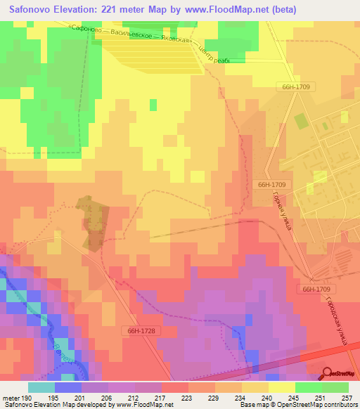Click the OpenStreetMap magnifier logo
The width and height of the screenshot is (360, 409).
328,375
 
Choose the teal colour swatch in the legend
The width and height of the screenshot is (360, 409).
41,387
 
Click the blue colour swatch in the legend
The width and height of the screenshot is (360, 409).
68,387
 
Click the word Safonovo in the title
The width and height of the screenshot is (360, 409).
33,9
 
